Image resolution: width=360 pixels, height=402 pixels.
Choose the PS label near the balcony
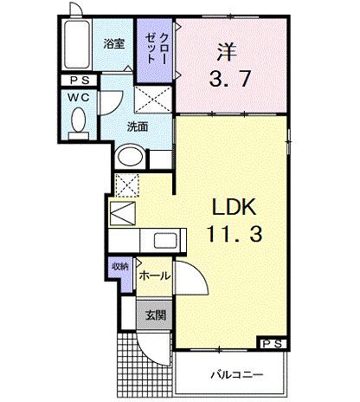point(272,343)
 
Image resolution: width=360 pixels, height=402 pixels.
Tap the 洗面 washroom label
point(137,126)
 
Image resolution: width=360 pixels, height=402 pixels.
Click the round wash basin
point(128,157)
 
